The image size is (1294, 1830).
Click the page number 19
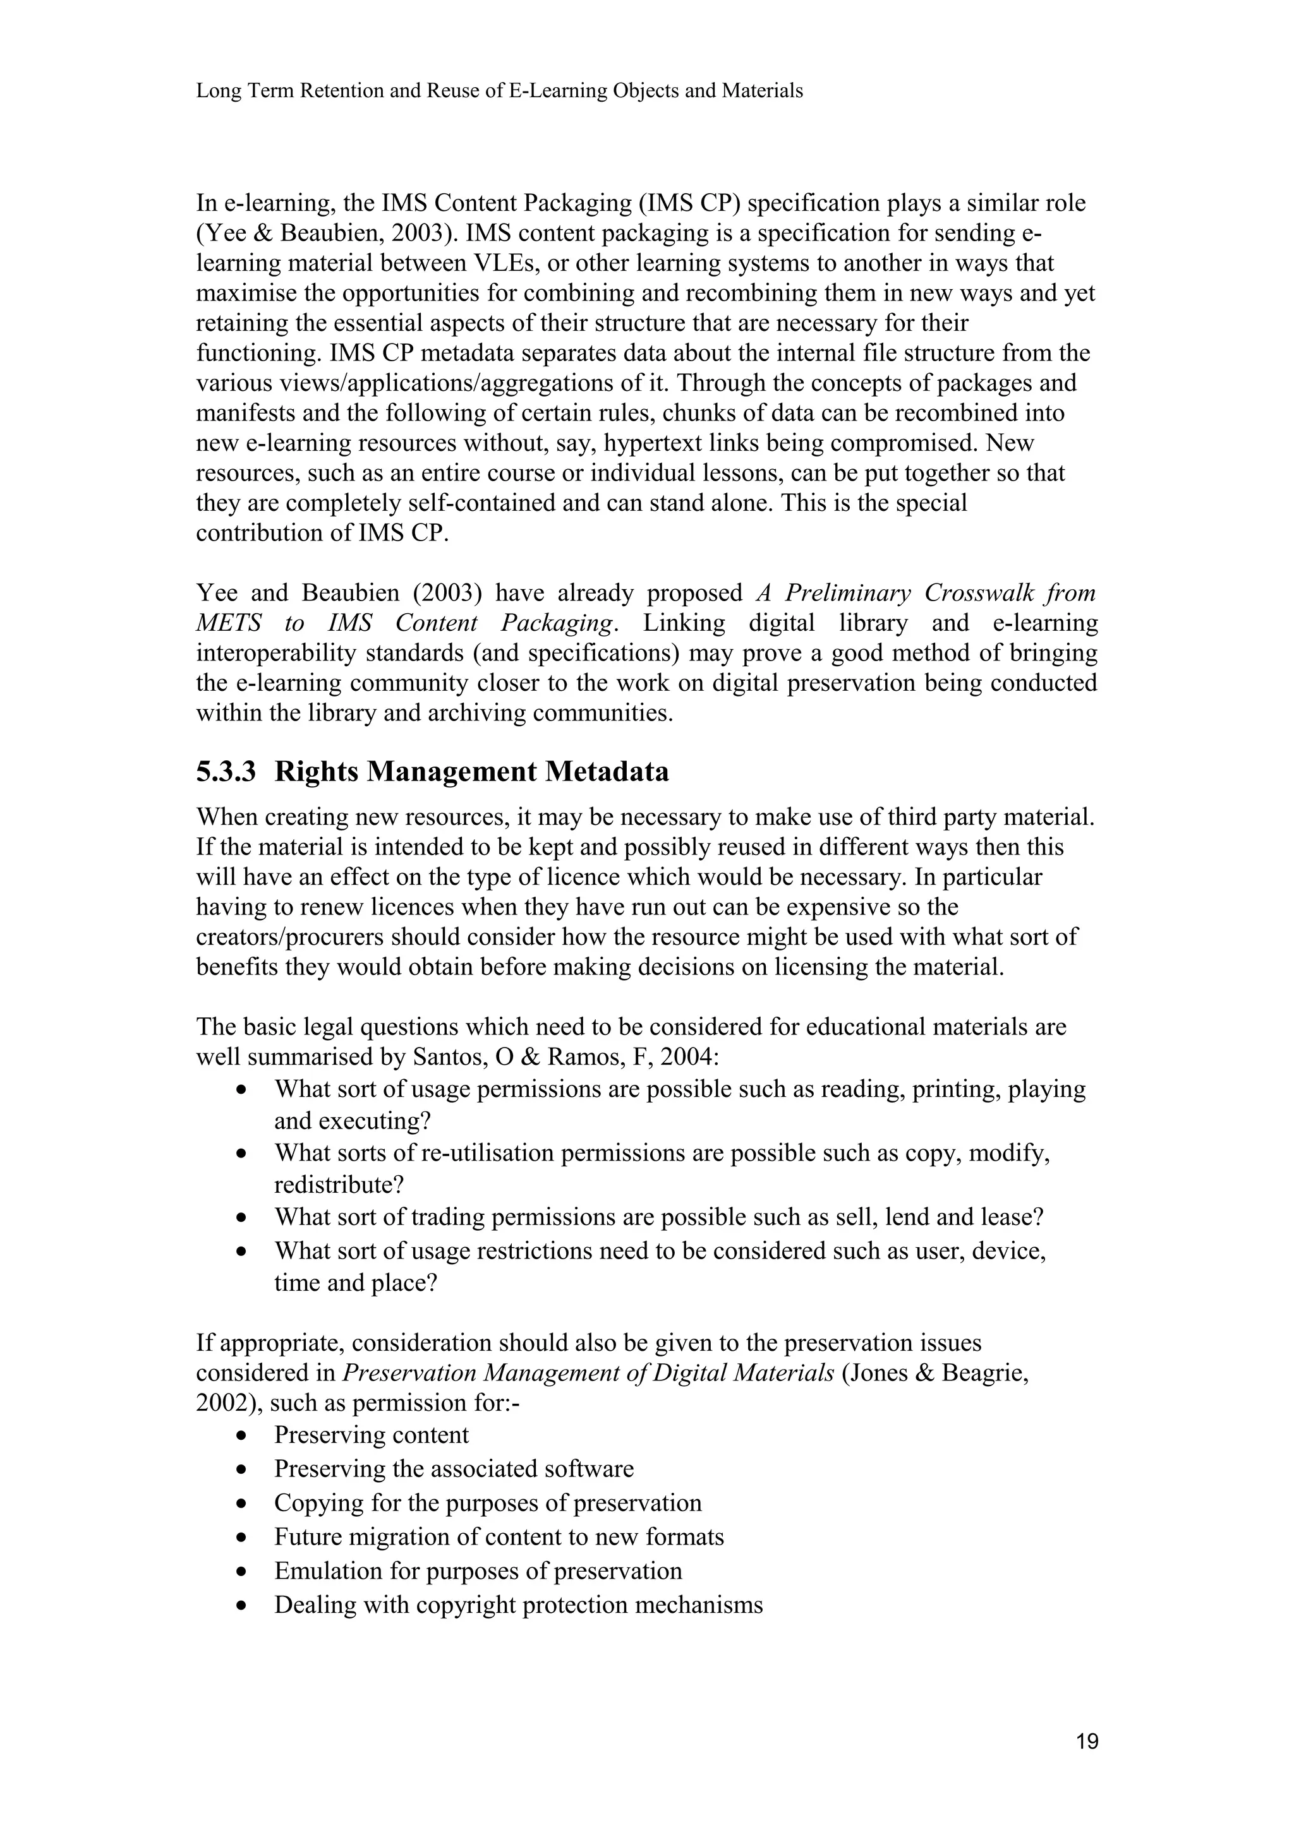click(1087, 1742)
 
